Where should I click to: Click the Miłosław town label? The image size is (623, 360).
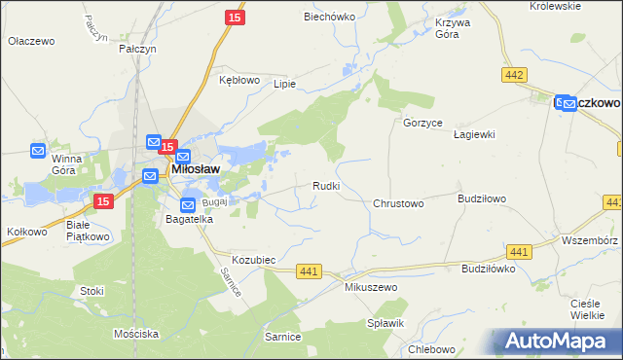[x=195, y=168]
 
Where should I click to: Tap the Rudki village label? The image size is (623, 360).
[x=325, y=186]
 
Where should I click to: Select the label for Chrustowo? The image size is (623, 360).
[x=398, y=204]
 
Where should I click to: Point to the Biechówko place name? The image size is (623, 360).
[x=328, y=17]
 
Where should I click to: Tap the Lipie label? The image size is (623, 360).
[x=284, y=84]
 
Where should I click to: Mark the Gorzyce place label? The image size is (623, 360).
[x=423, y=124]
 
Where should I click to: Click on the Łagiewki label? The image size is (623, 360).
[x=475, y=134]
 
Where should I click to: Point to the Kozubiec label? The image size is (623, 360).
[x=255, y=261]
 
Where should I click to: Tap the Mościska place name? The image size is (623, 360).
[x=135, y=334]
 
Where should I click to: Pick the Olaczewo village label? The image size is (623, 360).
[x=31, y=42]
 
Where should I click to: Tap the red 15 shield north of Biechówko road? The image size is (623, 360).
[x=234, y=18]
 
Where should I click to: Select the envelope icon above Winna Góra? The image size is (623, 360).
[x=38, y=151]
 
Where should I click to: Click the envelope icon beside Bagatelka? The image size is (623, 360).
[x=187, y=205]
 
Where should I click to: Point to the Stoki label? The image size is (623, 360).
[x=92, y=290]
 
